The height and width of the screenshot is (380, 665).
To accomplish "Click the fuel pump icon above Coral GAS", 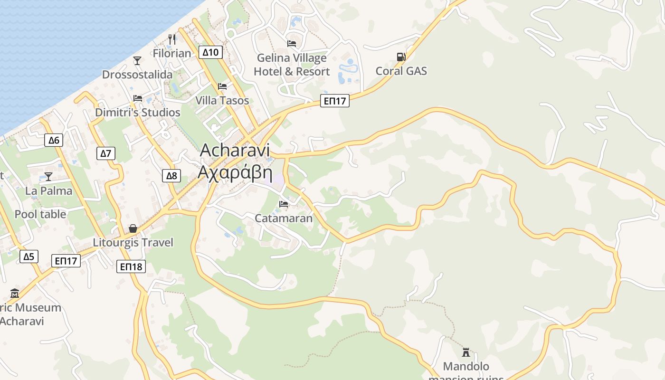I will (401, 57).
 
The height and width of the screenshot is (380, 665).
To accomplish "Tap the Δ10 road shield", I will (210, 52).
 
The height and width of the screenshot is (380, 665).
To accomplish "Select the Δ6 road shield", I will (54, 140).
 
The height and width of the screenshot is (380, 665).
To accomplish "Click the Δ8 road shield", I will (171, 176).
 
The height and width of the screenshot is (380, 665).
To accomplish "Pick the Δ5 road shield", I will (29, 257).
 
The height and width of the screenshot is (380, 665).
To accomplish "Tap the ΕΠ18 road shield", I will (131, 267).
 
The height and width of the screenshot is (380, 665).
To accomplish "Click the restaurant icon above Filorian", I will (172, 39).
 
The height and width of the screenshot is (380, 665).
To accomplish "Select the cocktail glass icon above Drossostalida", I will (137, 61).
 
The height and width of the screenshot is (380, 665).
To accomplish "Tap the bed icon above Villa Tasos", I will (222, 86).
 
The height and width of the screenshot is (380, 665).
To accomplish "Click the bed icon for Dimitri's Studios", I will (138, 98).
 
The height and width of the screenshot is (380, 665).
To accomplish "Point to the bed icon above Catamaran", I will (284, 204).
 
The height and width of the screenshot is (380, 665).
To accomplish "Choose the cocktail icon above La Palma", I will (48, 177).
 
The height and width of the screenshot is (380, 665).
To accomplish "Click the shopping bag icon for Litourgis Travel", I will (133, 229).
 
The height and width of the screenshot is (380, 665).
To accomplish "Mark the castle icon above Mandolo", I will (465, 352).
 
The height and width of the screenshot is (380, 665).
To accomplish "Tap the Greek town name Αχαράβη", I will (235, 171).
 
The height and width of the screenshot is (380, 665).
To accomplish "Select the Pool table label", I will (40, 214).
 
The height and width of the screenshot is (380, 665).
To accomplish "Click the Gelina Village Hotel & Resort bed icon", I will (292, 44).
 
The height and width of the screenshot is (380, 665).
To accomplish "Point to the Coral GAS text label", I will (401, 71).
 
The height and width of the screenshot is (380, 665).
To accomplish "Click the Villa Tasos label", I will (222, 101).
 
